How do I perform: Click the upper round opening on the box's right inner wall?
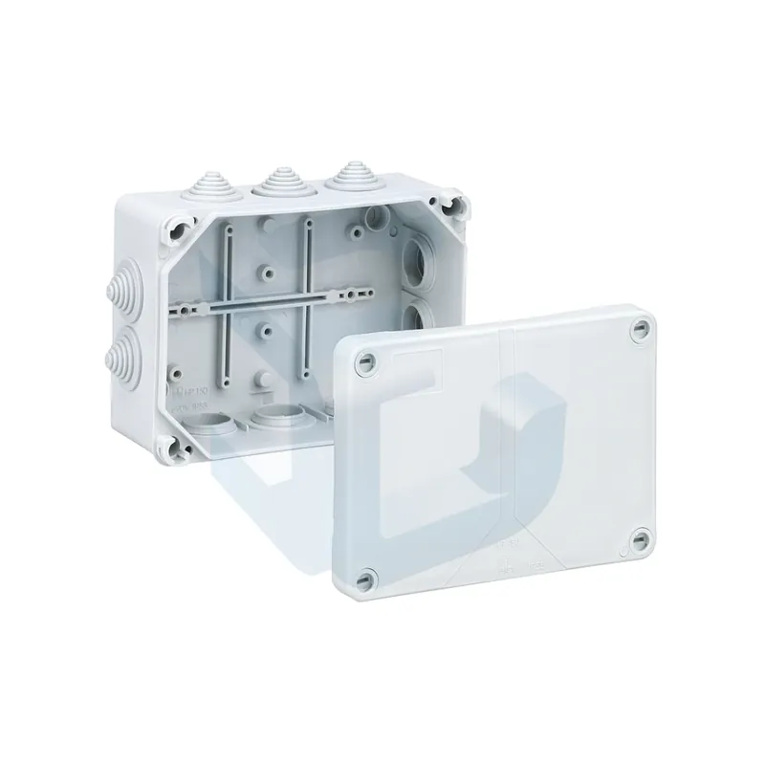point(419,255)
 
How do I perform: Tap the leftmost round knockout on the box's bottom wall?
point(214,422)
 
